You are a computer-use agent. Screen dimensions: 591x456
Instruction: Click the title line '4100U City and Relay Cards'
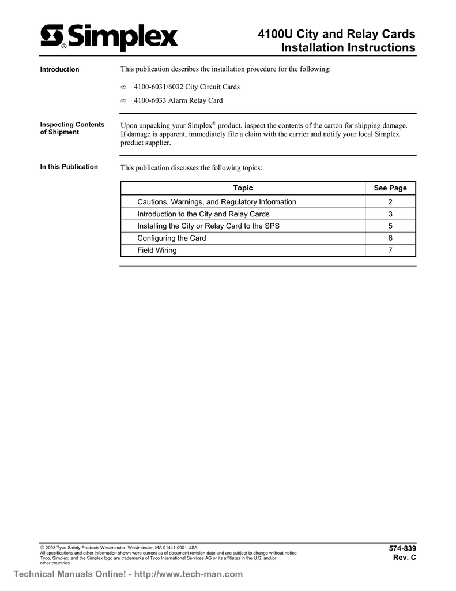[x=336, y=34]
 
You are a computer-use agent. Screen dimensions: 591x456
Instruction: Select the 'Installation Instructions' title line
[x=348, y=48]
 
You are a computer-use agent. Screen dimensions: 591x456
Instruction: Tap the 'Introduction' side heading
[x=59, y=70]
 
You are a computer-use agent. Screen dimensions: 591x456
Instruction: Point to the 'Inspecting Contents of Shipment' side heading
[x=71, y=128]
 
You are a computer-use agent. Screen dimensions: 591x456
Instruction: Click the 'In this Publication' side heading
[x=69, y=167]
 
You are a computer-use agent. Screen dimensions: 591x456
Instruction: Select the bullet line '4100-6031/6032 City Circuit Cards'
[x=186, y=87]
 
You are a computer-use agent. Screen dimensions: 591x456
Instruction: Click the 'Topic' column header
[x=243, y=188]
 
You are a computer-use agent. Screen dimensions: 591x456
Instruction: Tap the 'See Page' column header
[x=390, y=188]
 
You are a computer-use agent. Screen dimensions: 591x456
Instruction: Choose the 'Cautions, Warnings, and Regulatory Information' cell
[x=217, y=202]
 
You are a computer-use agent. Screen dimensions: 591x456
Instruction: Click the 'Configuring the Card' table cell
[x=171, y=238]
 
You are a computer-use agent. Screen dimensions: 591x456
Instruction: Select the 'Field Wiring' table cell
[x=157, y=250]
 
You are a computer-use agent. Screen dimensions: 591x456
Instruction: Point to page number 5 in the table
[x=390, y=226]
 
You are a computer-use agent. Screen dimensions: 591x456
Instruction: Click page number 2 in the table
[x=390, y=202]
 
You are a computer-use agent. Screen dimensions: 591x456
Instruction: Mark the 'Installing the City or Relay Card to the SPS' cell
[x=208, y=226]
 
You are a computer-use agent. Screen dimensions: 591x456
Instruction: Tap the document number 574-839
[x=402, y=548]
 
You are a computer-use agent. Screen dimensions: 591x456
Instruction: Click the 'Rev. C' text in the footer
[x=404, y=557]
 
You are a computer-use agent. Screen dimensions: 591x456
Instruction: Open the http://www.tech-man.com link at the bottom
[x=189, y=574]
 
